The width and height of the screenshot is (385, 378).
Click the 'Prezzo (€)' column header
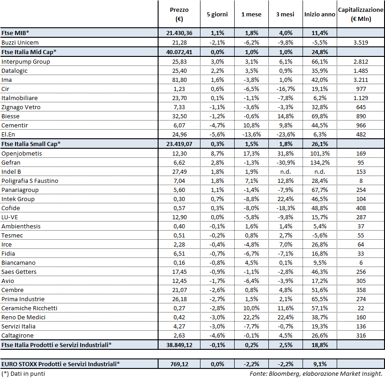[x=179, y=14]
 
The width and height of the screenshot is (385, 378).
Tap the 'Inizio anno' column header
[x=320, y=15]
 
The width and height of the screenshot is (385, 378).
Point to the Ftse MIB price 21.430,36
[x=179, y=33]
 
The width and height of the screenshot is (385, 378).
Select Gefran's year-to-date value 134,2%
[x=320, y=162]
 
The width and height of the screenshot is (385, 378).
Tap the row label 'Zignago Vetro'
[x=21, y=107]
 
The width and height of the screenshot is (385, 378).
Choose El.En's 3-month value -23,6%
[x=285, y=134]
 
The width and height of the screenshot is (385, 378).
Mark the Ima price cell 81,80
[x=179, y=80]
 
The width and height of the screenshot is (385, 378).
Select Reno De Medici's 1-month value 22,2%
[x=251, y=317]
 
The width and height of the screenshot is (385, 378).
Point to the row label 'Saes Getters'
[x=19, y=272]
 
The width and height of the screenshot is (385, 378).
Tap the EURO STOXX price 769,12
[x=179, y=364]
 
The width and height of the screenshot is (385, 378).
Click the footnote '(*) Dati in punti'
[x=23, y=373]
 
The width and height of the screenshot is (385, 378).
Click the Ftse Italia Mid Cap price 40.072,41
[x=179, y=52]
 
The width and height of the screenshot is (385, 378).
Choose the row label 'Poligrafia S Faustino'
[x=30, y=181]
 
